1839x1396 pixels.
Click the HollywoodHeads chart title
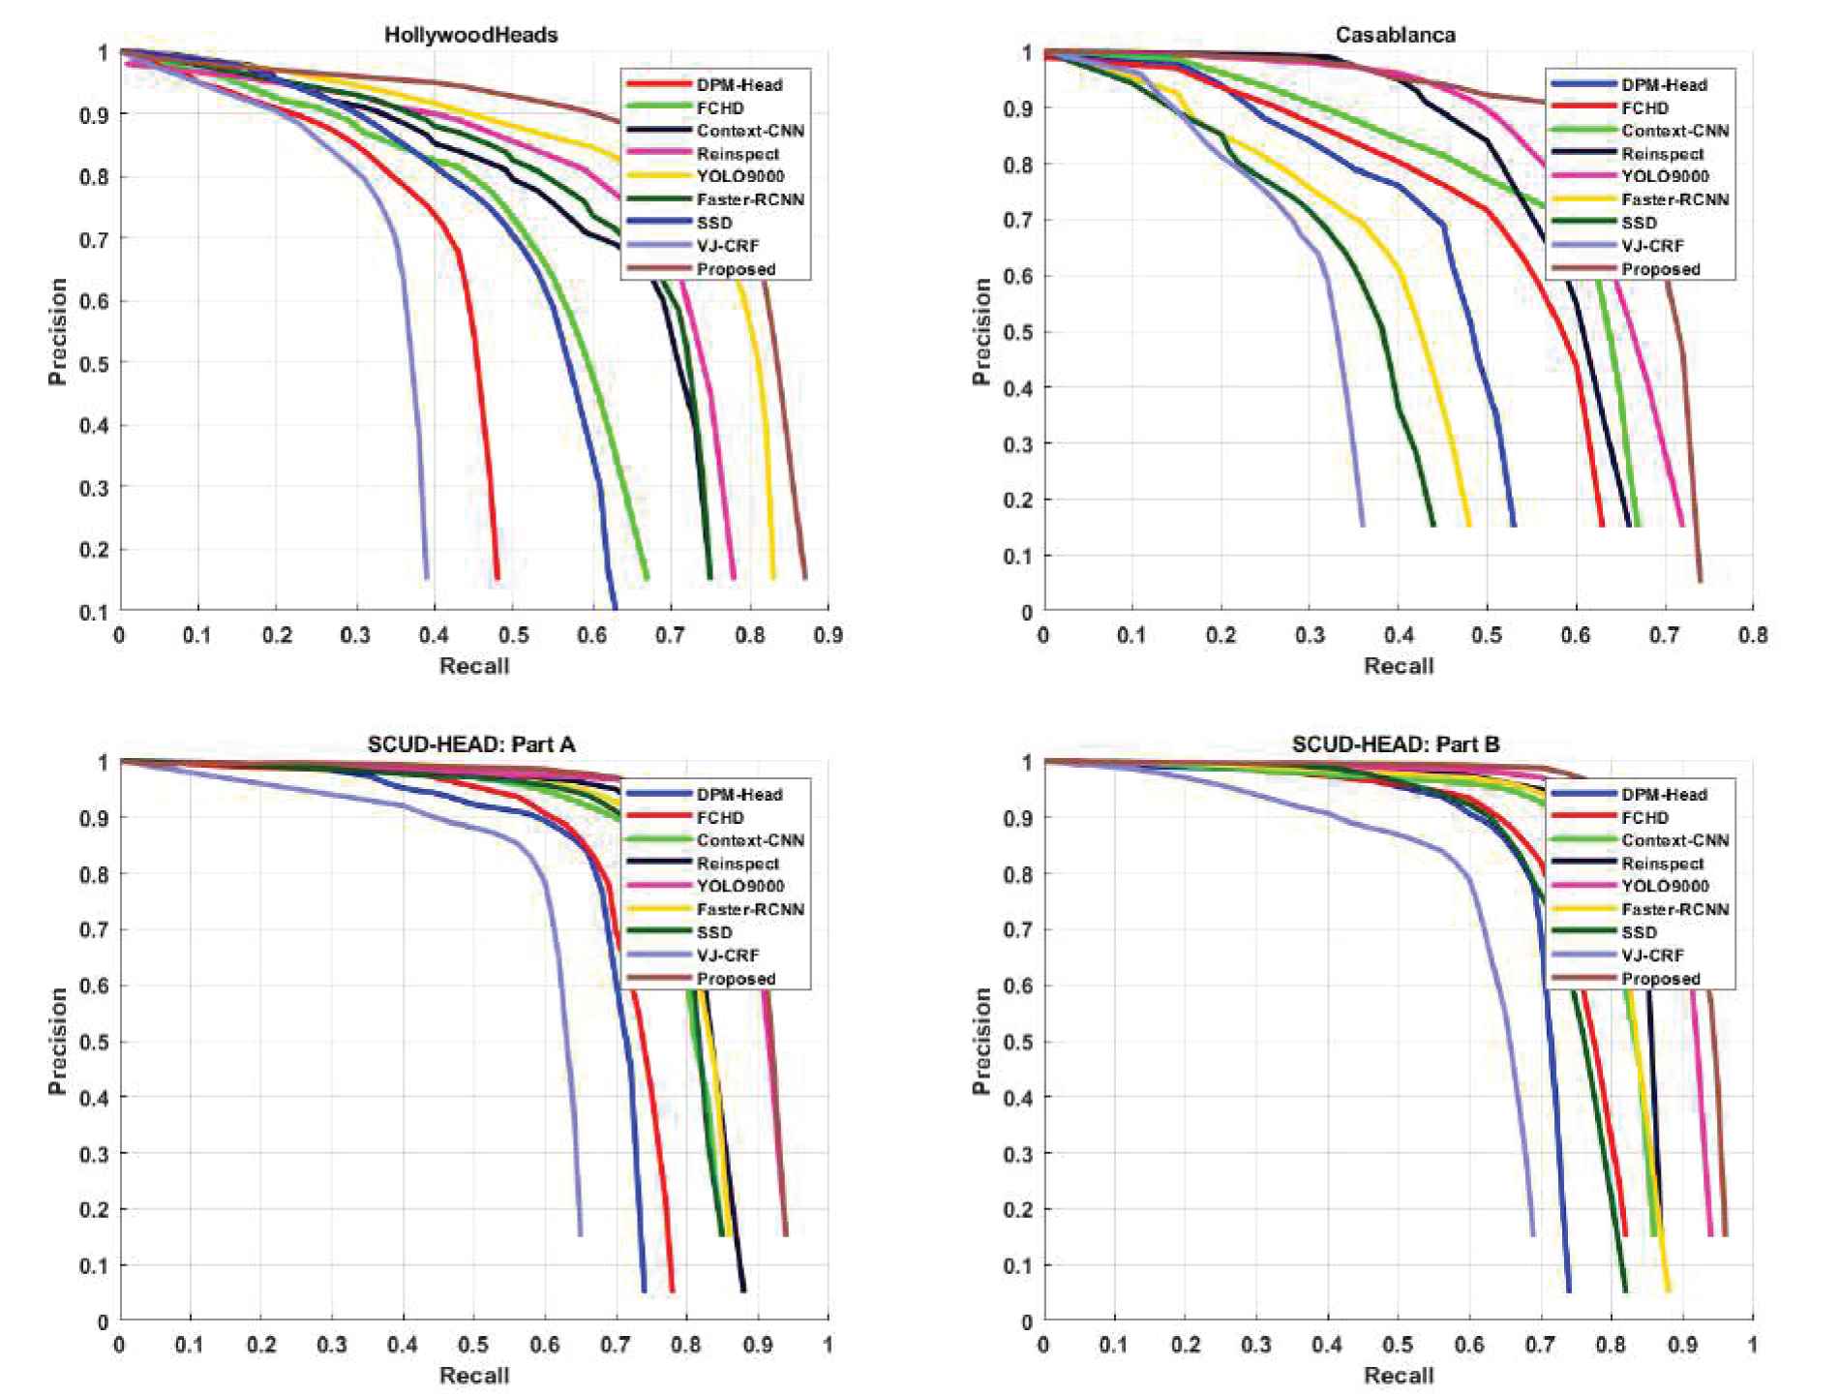coord(471,35)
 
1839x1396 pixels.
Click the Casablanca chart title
coord(1395,35)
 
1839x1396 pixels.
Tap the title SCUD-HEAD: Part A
coord(471,744)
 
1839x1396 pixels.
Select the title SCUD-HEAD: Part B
coord(1395,744)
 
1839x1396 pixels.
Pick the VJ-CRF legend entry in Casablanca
coord(1652,246)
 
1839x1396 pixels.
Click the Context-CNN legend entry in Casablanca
coord(1674,131)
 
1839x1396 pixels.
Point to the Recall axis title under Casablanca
coord(1399,666)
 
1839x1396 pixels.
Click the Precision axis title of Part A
coord(58,1041)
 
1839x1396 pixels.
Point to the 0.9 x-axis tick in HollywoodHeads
coord(829,636)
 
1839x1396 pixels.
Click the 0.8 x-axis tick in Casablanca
coord(1753,636)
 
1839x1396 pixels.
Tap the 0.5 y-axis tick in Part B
coord(1021,1043)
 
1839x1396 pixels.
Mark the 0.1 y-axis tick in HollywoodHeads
coord(94,612)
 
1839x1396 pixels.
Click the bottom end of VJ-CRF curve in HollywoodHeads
coord(426,577)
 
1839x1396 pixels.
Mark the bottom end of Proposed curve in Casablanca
coord(1700,580)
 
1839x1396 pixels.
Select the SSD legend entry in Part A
coord(714,932)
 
